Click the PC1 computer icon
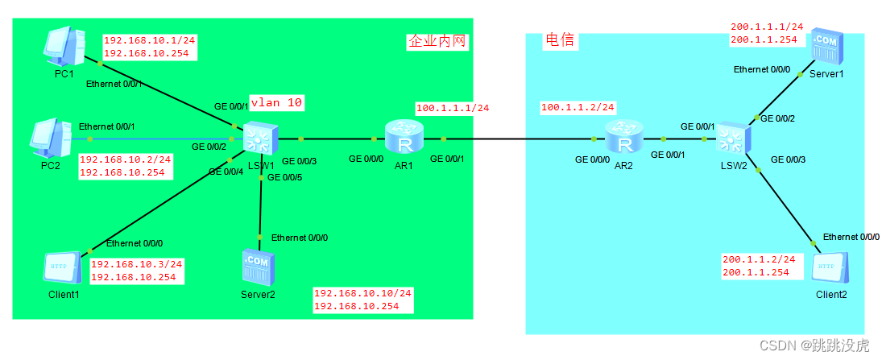(65, 47)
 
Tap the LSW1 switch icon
(259, 139)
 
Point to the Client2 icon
(830, 267)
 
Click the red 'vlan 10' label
(276, 103)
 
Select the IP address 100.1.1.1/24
(453, 108)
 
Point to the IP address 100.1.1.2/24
(578, 107)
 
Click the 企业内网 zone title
(437, 42)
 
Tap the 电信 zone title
(561, 40)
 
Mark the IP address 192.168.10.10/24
(362, 293)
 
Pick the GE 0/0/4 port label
(226, 172)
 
